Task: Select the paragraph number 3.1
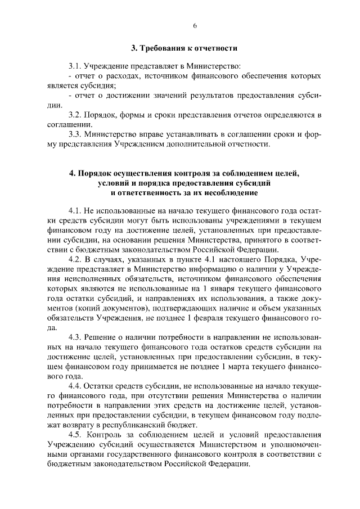74,66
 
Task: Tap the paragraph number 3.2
75,115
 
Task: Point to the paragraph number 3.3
75,135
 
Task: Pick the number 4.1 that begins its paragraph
75,211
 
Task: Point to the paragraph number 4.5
75,435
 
